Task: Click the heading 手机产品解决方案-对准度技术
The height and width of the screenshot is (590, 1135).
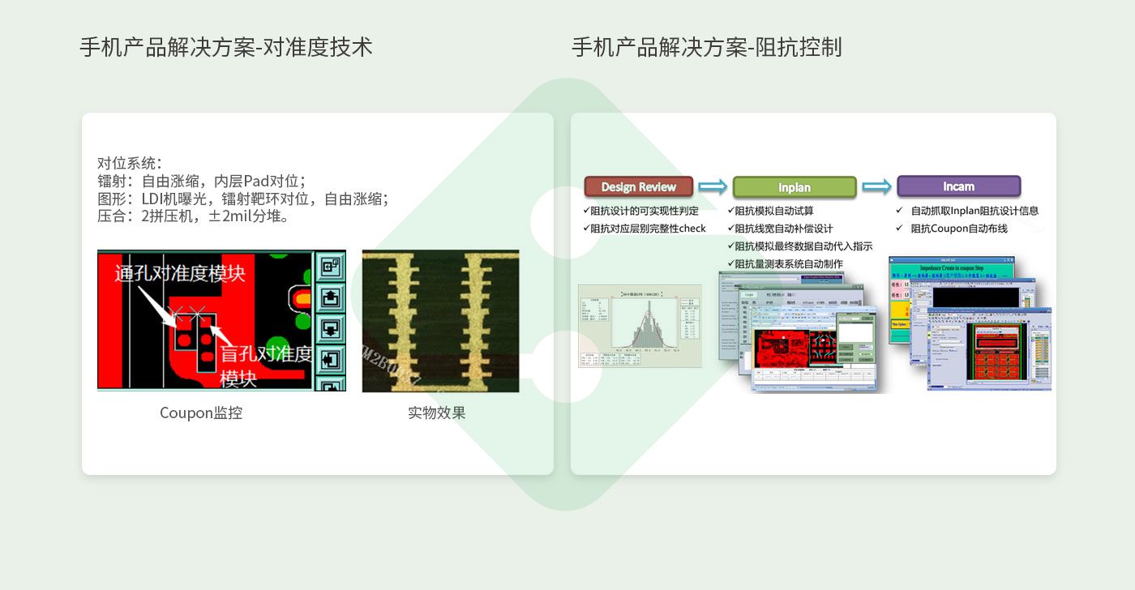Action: pyautogui.click(x=225, y=47)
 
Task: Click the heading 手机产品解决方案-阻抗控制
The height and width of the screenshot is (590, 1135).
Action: pyautogui.click(x=706, y=47)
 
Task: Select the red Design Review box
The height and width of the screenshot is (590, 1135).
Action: pyautogui.click(x=638, y=187)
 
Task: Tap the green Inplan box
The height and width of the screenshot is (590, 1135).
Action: pyautogui.click(x=794, y=187)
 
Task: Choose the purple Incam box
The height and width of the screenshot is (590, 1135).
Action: pyautogui.click(x=957, y=186)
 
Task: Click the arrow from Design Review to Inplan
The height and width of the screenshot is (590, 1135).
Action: pyautogui.click(x=713, y=186)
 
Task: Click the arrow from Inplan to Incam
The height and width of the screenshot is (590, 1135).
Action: pyautogui.click(x=876, y=186)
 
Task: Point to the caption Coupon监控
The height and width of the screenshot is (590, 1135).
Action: pyautogui.click(x=200, y=413)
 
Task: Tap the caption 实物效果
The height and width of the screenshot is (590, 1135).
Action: pyautogui.click(x=436, y=413)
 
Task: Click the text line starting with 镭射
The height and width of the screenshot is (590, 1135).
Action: pyautogui.click(x=201, y=181)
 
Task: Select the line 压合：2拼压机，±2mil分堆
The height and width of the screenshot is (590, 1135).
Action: pyautogui.click(x=193, y=216)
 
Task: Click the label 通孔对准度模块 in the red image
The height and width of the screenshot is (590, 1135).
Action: pyautogui.click(x=180, y=273)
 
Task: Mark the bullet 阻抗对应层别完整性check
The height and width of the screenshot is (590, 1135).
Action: pyautogui.click(x=645, y=229)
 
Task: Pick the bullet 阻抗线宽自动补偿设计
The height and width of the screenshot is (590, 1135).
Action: pyautogui.click(x=783, y=229)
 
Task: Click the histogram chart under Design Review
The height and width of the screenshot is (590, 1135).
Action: pyautogui.click(x=640, y=326)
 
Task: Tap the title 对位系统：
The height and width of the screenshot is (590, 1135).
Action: pyautogui.click(x=130, y=163)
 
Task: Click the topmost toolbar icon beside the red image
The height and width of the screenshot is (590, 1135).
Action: pyautogui.click(x=330, y=266)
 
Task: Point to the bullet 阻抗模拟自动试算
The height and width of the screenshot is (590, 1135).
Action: pyautogui.click(x=773, y=211)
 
